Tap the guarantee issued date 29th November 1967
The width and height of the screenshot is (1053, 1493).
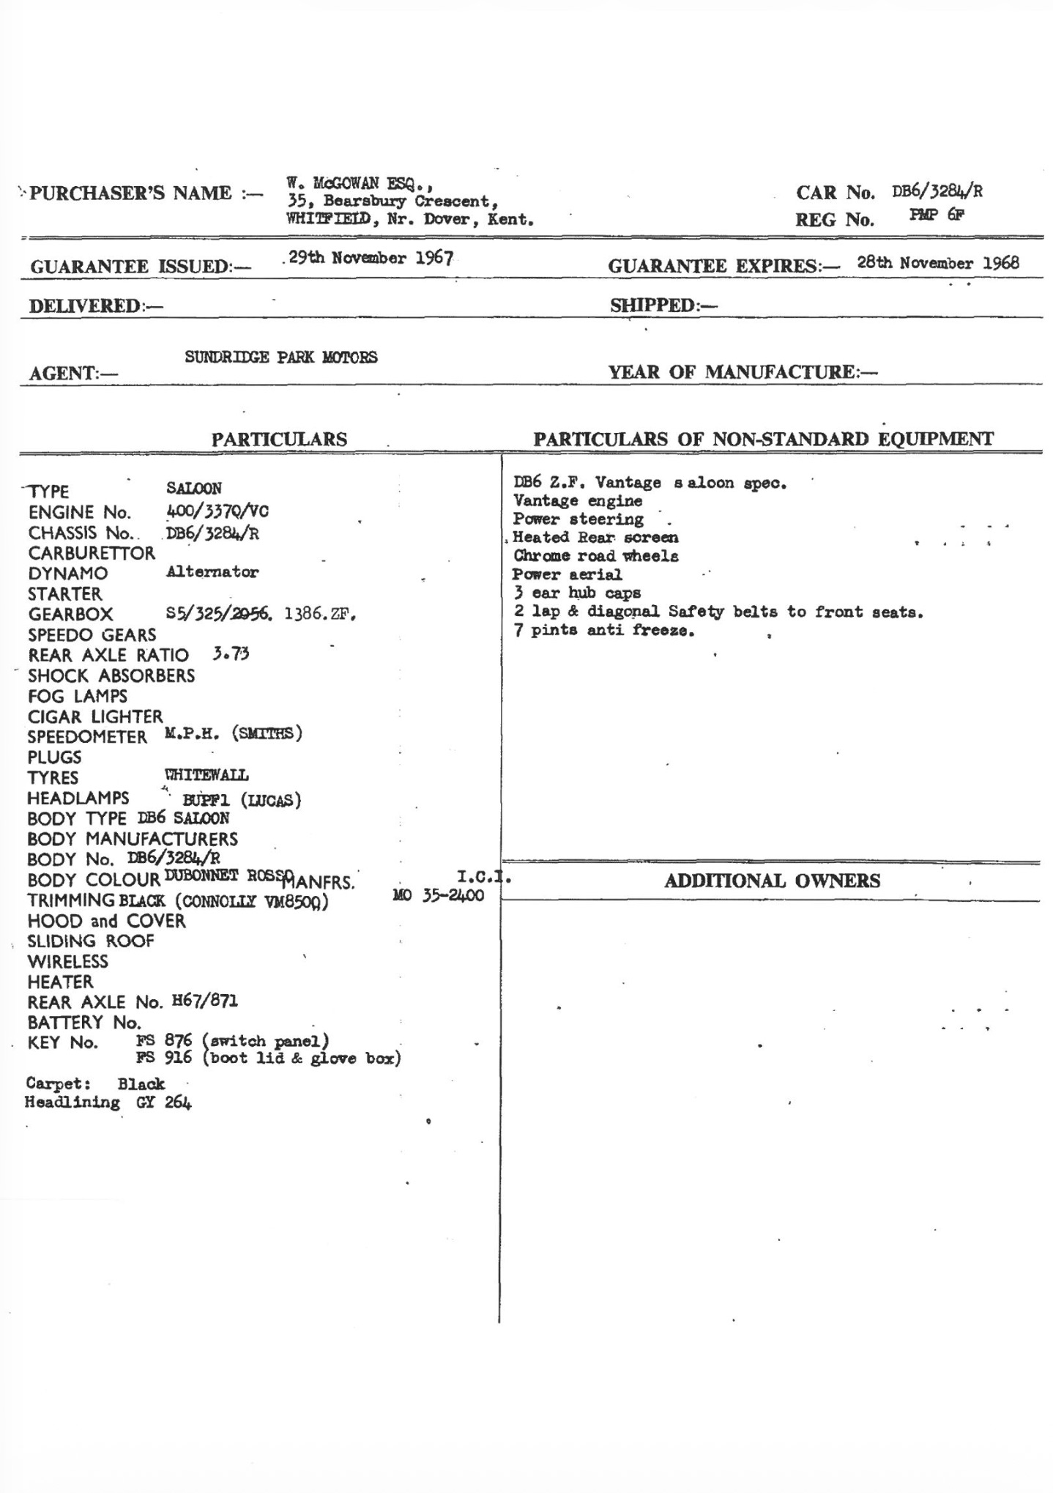(x=371, y=259)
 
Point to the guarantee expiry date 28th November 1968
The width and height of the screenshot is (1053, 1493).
(x=938, y=263)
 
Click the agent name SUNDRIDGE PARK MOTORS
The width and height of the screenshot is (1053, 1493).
(x=281, y=357)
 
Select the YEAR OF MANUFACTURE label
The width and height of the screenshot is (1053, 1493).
(x=743, y=372)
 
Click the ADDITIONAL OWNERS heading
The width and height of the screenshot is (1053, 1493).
(x=772, y=881)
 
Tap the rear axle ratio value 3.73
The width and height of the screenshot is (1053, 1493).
(x=231, y=653)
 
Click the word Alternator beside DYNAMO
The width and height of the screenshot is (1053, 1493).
(x=212, y=572)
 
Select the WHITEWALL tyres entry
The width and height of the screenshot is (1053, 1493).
(x=207, y=775)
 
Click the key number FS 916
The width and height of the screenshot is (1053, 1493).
(x=164, y=1058)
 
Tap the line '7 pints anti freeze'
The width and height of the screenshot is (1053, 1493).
(x=604, y=630)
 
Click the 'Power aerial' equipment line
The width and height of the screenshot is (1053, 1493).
(x=568, y=574)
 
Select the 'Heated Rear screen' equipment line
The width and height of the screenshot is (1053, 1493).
(x=595, y=538)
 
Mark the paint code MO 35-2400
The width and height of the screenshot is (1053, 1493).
(x=439, y=896)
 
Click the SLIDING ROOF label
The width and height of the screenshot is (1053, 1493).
(x=91, y=941)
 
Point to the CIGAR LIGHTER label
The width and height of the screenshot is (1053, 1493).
(x=95, y=716)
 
